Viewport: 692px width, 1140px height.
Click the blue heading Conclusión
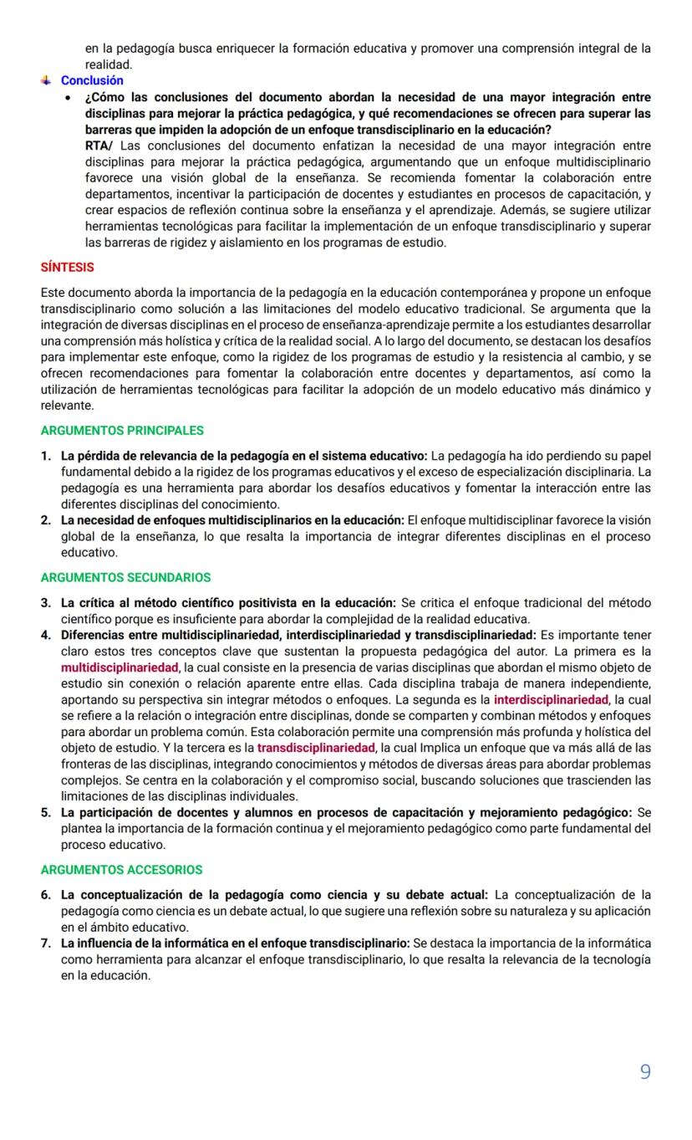tap(92, 80)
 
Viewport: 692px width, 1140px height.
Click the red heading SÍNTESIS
tap(67, 268)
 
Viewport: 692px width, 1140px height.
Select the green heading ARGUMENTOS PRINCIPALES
tap(122, 431)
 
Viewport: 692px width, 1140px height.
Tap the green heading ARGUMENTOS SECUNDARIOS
tap(125, 577)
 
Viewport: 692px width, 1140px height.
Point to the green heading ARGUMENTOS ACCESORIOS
tap(121, 870)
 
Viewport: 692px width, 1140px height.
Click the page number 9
tap(644, 1071)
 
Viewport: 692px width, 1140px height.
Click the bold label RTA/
tap(100, 146)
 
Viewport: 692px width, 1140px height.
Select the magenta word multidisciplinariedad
tap(120, 667)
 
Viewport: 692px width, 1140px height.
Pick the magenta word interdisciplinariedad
tap(552, 699)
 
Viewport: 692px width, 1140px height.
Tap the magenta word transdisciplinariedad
tap(317, 748)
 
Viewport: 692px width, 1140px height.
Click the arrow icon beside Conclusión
tap(46, 80)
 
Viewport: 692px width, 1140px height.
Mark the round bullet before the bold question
tap(68, 98)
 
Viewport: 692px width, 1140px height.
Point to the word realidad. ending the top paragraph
tap(109, 64)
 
